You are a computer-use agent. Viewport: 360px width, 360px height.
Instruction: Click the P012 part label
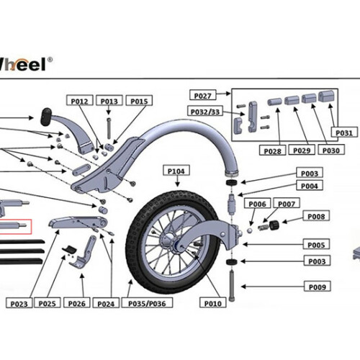81,102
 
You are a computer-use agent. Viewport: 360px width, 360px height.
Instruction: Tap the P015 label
138,102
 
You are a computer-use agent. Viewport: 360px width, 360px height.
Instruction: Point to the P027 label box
203,95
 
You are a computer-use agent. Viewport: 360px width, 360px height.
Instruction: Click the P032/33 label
205,111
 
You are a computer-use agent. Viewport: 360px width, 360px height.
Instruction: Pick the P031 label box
343,132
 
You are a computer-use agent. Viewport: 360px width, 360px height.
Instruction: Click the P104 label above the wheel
176,171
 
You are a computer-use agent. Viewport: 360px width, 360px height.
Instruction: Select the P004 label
310,186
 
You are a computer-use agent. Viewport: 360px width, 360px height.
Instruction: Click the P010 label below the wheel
213,304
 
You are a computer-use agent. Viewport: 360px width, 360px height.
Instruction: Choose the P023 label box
19,304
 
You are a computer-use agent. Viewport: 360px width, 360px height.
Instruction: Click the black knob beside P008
274,228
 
